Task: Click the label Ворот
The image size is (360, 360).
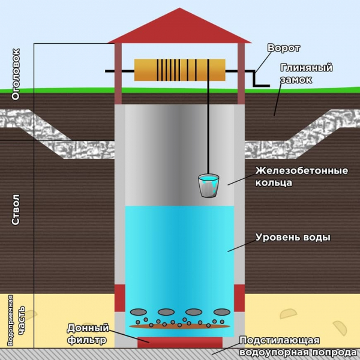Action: [x=284, y=48]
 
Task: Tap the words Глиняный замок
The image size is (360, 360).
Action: [x=306, y=74]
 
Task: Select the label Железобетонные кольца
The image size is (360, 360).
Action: [x=302, y=176]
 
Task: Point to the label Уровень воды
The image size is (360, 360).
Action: [x=293, y=237]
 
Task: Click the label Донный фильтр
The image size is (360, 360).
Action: [x=88, y=334]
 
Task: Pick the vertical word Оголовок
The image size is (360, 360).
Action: [x=16, y=74]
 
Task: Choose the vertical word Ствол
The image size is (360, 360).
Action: [x=16, y=209]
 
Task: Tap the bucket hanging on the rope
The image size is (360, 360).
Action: [x=208, y=185]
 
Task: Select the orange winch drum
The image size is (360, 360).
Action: [x=179, y=70]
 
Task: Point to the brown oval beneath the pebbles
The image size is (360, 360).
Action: [x=179, y=326]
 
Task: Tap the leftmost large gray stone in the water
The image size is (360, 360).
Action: [x=138, y=312]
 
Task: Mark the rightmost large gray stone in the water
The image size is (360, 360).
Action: [x=222, y=312]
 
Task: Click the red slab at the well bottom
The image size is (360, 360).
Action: [x=180, y=343]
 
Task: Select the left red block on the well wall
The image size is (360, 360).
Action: [x=120, y=298]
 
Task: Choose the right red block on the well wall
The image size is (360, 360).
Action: [x=239, y=298]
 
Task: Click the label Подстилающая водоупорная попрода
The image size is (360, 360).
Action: [x=298, y=346]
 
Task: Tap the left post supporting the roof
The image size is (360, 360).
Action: [x=118, y=74]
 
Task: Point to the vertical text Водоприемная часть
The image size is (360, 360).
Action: [x=17, y=320]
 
